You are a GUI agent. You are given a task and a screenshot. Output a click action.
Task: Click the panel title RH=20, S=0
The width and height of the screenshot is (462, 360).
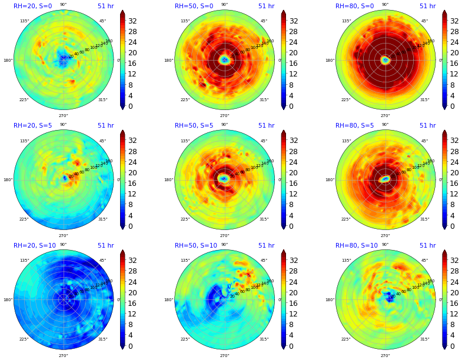(32, 6)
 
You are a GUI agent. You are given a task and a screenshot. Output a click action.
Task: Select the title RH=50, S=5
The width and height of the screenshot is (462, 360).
(194, 126)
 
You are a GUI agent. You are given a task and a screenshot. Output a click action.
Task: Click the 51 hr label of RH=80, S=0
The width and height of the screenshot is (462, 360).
(427, 6)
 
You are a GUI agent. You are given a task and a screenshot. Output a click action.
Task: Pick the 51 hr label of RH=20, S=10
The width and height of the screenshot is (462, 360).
(105, 246)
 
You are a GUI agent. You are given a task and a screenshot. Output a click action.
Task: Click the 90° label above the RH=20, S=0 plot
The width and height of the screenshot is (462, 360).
(63, 5)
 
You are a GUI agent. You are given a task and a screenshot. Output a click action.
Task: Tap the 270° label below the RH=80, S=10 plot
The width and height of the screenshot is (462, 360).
(385, 355)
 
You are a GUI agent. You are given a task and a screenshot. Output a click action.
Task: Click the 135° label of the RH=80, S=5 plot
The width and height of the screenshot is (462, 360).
(346, 141)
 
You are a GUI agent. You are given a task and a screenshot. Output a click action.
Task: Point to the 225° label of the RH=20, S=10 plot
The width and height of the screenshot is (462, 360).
(24, 339)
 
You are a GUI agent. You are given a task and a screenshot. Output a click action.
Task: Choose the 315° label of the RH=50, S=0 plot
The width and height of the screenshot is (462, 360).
(264, 99)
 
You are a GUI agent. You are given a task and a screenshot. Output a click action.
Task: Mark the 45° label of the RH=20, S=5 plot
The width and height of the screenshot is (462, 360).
(103, 141)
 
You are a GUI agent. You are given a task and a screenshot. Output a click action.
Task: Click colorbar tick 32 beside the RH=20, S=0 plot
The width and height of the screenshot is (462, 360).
(132, 21)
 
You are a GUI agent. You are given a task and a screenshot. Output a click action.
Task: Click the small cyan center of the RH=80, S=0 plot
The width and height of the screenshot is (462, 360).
(385, 60)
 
